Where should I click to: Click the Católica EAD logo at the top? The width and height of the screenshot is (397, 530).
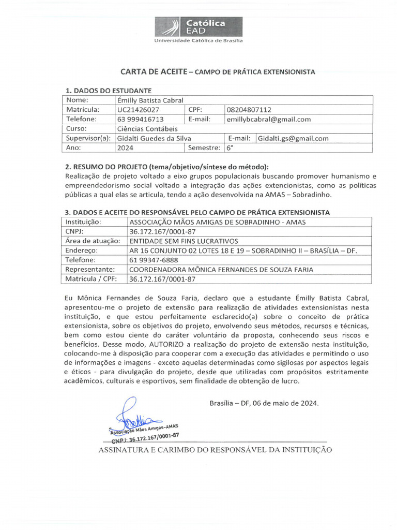(x=198, y=27)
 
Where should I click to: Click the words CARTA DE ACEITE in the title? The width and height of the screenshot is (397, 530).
(x=152, y=72)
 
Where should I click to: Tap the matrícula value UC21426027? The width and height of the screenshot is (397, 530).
(x=138, y=110)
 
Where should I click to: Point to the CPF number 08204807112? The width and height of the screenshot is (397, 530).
(x=249, y=110)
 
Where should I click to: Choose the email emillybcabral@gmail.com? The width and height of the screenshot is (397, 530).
(x=269, y=119)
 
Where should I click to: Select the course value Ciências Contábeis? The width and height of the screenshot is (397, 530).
(x=147, y=128)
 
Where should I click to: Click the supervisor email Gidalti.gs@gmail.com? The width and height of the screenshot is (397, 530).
(x=293, y=138)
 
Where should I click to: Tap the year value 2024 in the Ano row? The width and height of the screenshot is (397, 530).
(x=125, y=148)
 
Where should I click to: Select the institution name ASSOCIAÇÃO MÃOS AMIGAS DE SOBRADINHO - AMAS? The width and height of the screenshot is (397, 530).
(x=217, y=222)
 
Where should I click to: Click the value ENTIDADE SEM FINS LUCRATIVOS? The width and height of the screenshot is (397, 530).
(x=183, y=241)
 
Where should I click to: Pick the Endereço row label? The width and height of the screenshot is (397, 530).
(x=80, y=251)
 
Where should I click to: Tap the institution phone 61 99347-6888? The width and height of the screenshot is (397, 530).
(x=154, y=260)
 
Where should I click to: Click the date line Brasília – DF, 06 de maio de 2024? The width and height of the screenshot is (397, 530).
(x=264, y=403)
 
